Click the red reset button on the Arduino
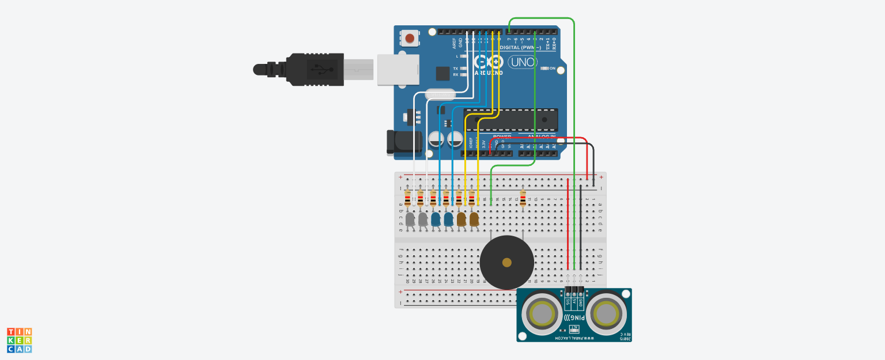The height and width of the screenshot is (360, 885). point(410,39)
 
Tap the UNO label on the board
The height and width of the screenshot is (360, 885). point(521,62)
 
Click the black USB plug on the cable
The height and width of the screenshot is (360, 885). point(315,69)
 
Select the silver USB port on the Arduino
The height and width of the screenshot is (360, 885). point(398,70)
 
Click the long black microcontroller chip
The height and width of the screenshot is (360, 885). point(510,119)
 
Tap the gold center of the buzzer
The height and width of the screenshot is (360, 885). point(506,263)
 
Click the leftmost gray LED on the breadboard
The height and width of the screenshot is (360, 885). point(410,219)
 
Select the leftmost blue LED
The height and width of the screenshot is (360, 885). point(436,219)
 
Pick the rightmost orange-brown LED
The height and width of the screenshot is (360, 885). point(474,219)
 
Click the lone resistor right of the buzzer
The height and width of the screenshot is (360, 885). point(523,199)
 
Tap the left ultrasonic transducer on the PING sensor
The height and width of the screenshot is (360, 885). point(542,314)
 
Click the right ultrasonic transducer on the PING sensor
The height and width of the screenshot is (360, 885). point(606,314)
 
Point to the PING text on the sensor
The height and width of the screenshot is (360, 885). point(577,317)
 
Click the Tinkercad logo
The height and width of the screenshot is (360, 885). point(19,340)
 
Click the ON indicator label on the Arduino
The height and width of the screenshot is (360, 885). point(553,69)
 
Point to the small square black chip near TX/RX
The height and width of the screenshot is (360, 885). point(442,73)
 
